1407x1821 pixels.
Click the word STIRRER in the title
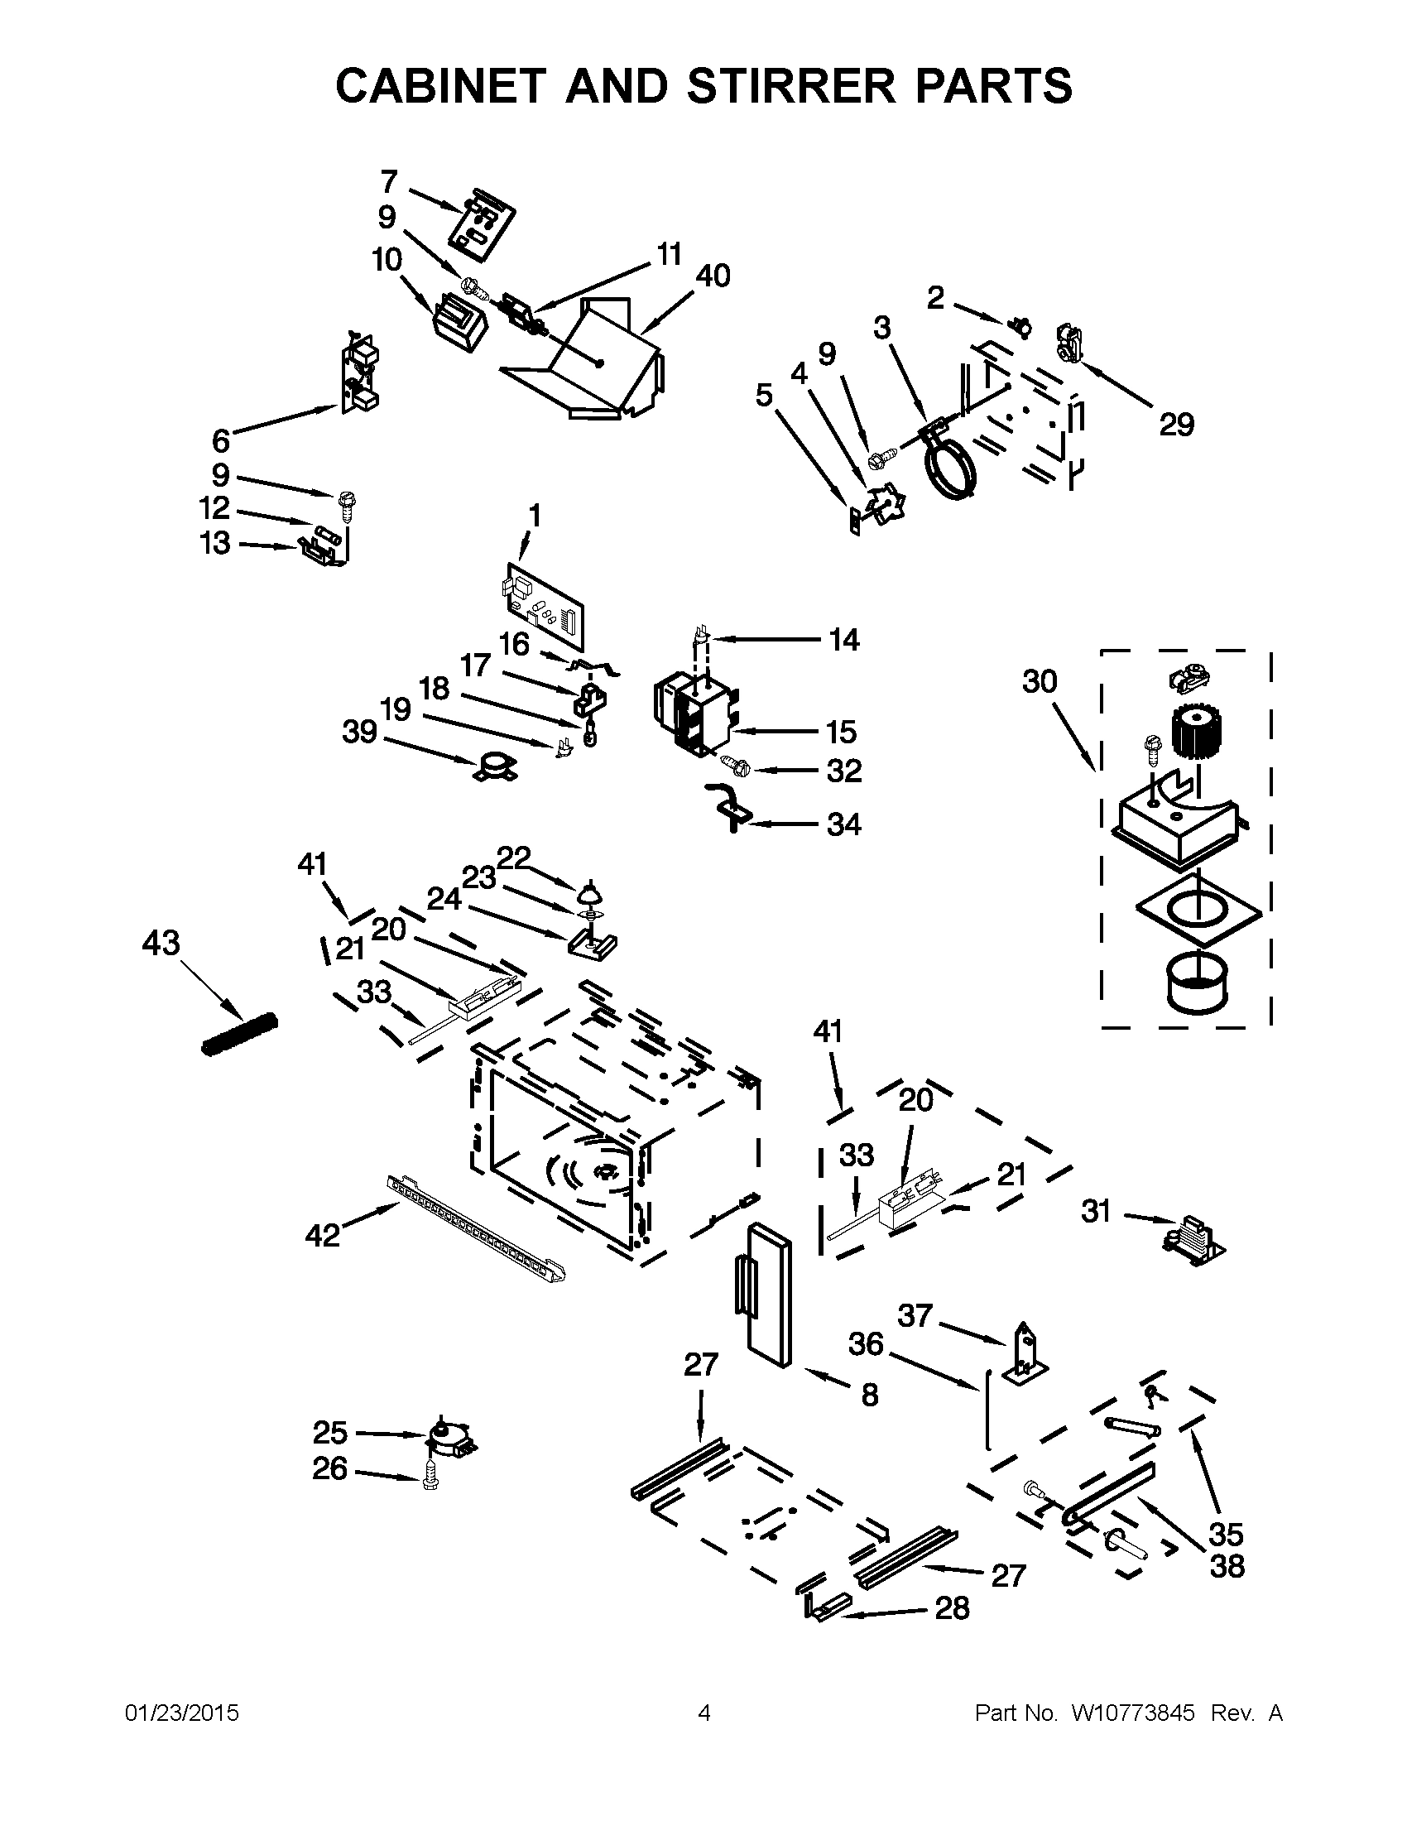(793, 86)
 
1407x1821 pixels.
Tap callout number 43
(161, 943)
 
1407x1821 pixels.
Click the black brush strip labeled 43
(239, 1034)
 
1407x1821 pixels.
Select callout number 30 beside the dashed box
(1040, 681)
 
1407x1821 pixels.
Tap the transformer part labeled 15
(692, 713)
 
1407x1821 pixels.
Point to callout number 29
(1176, 425)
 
